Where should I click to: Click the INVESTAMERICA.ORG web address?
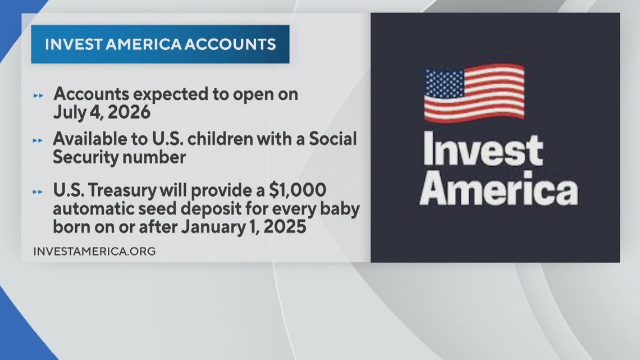coord(94,251)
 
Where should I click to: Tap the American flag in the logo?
coord(474,93)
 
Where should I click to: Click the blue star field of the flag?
coord(446,84)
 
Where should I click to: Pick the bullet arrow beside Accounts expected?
coord(38,95)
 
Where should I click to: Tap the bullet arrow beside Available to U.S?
coord(38,140)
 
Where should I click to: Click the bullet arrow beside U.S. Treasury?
coord(38,192)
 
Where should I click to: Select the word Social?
coord(332,140)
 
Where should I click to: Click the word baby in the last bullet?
coord(339,210)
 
